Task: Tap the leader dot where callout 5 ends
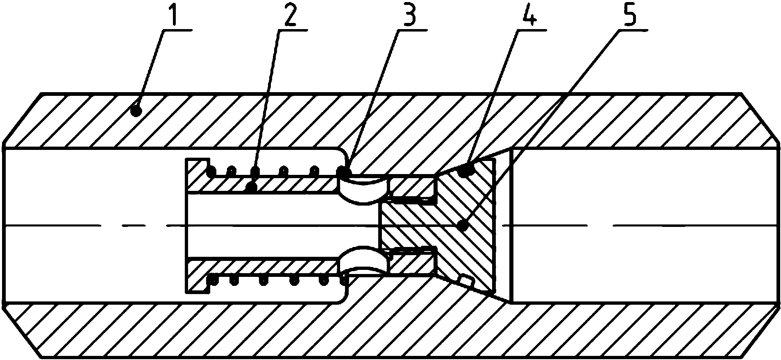[463, 225]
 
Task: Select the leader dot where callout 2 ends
[252, 188]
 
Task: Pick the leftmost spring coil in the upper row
[211, 171]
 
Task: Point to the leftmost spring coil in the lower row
[212, 280]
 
